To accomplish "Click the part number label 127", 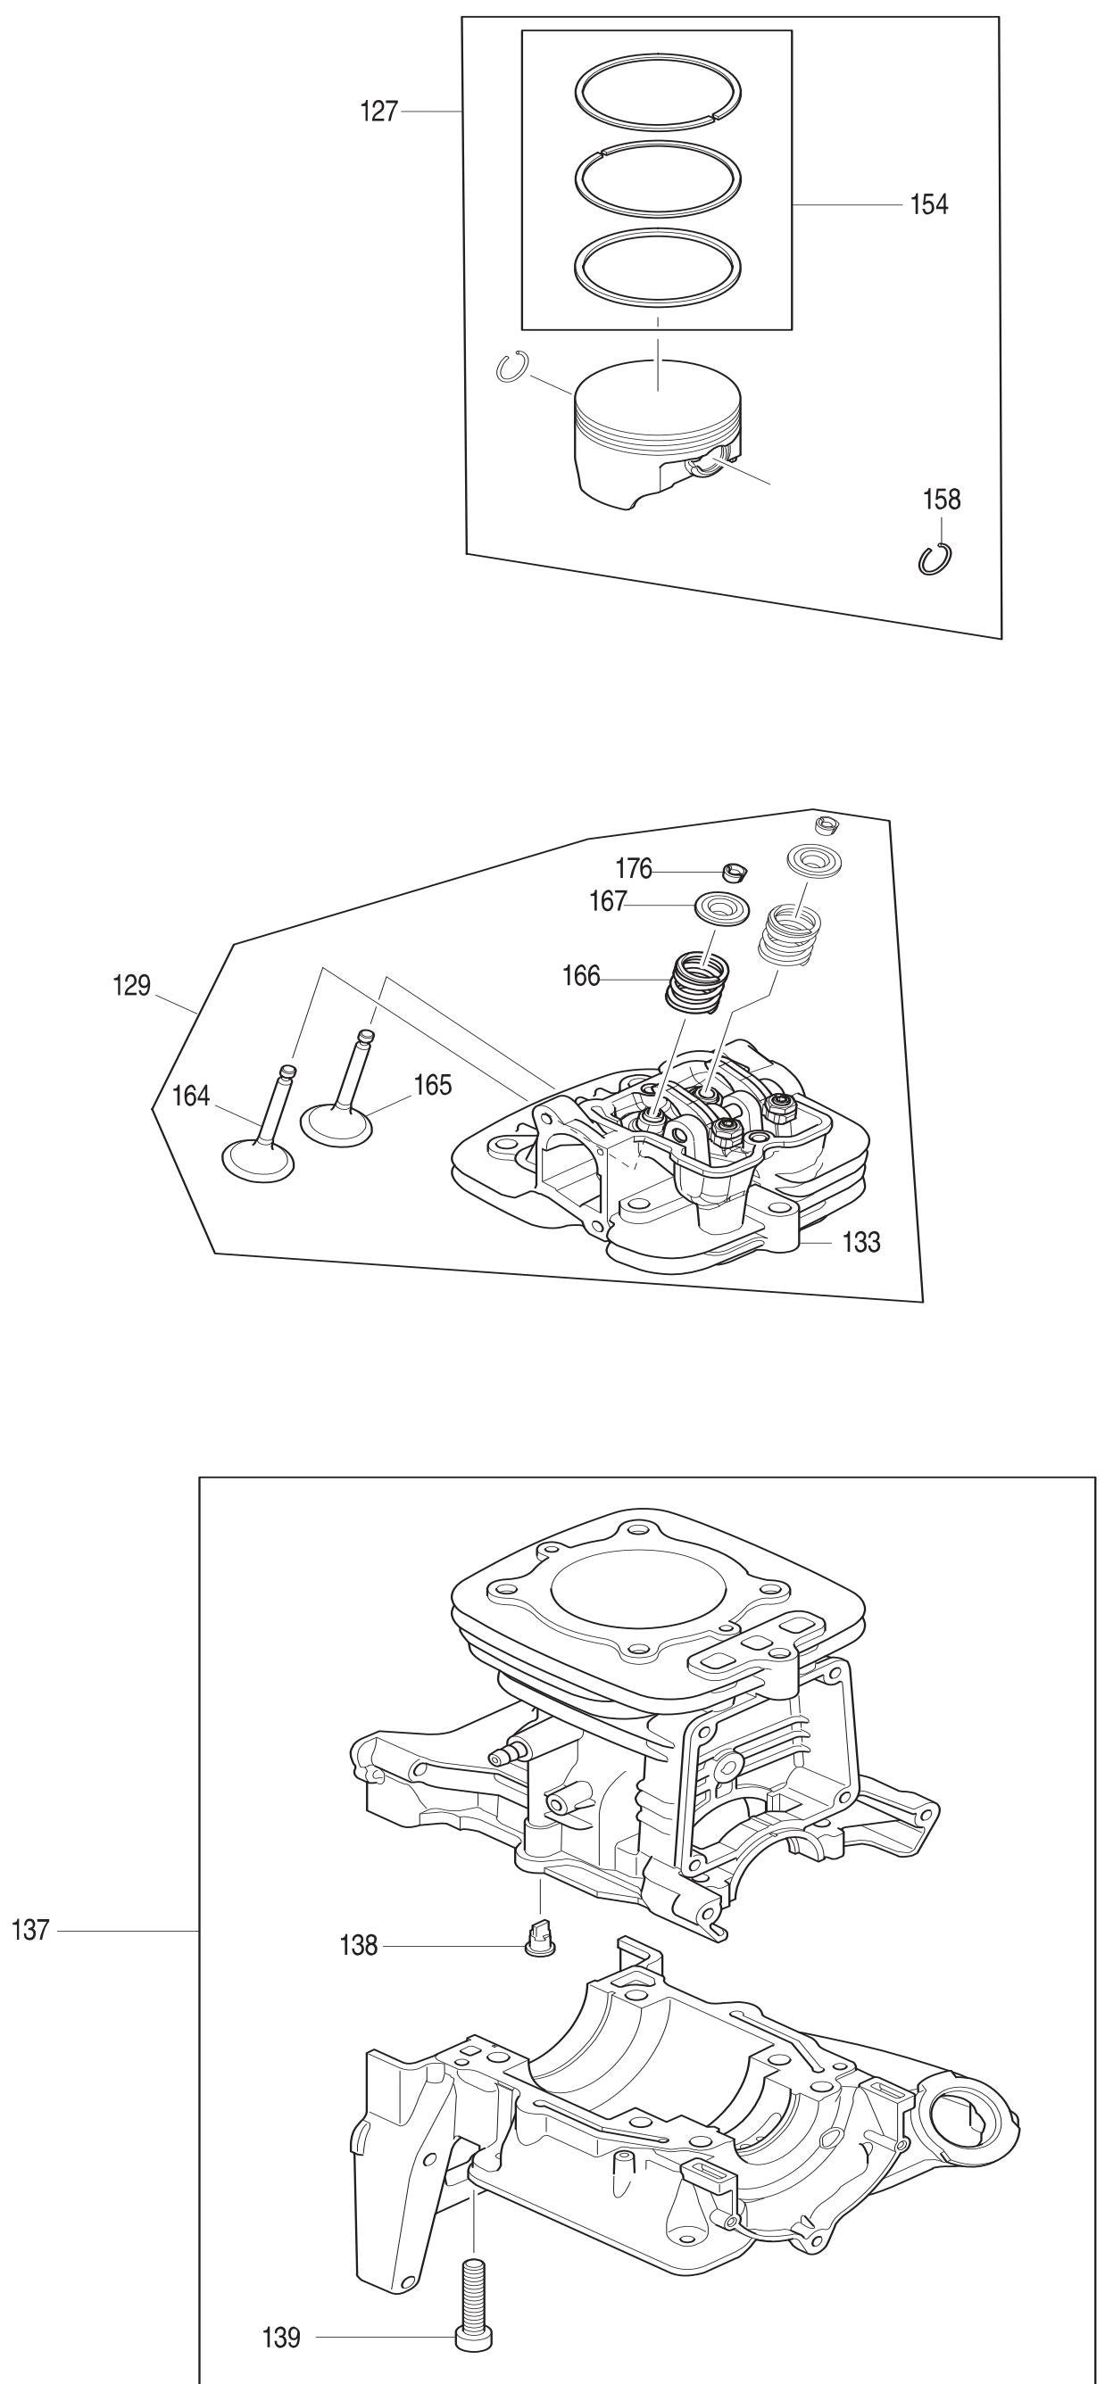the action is tap(378, 112).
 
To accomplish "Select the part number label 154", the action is tap(929, 204).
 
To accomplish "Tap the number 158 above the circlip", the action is tap(941, 500).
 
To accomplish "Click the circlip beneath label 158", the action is tap(937, 559).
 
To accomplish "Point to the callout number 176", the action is tap(634, 869).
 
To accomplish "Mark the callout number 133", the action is tap(860, 1242).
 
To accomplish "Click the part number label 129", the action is tap(131, 986).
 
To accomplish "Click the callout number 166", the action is tap(581, 976).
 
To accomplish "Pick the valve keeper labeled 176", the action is tap(735, 871).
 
